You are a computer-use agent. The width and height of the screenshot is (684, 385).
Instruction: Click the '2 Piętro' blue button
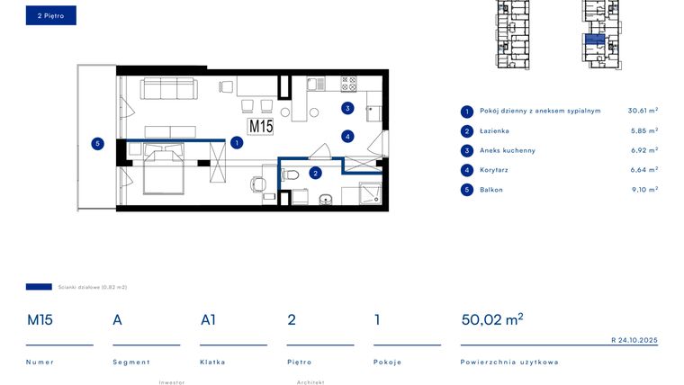(x=50, y=15)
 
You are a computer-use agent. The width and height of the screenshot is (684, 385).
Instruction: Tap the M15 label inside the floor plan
(x=261, y=127)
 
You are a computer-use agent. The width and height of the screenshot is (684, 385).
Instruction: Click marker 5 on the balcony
(x=96, y=142)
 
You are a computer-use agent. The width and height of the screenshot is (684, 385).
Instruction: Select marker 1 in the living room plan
(x=236, y=142)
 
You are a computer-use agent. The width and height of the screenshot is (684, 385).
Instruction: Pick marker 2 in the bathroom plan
(x=315, y=173)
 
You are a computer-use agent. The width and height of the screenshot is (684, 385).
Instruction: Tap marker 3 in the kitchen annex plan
(x=346, y=109)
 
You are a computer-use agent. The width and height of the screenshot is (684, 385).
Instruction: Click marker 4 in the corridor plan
(x=346, y=137)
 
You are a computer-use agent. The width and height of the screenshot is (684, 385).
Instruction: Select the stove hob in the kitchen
(x=348, y=84)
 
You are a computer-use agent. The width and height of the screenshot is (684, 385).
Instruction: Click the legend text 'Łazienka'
(x=494, y=131)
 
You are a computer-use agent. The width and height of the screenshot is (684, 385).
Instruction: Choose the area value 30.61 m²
(x=643, y=111)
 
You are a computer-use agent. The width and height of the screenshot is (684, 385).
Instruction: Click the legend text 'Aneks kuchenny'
(x=508, y=150)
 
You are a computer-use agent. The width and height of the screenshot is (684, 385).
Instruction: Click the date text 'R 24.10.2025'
(x=634, y=340)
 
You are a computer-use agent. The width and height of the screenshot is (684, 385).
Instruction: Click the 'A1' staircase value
(x=208, y=319)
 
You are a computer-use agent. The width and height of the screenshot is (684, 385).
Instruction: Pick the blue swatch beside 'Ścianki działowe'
(x=39, y=287)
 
